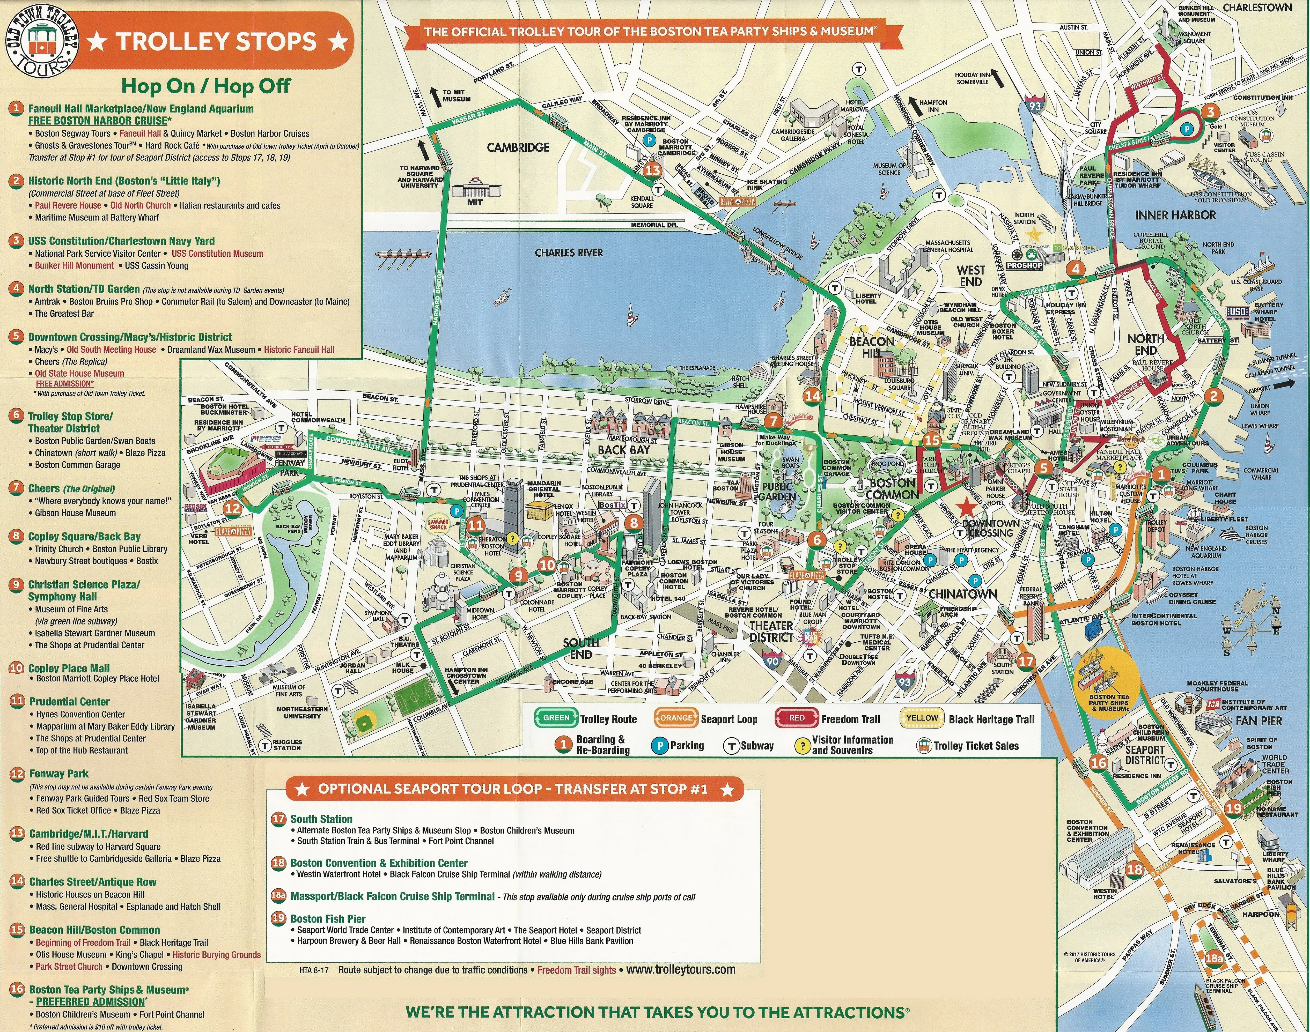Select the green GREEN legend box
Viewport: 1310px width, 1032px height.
pyautogui.click(x=556, y=718)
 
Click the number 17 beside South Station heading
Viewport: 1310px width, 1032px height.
pyautogui.click(x=278, y=819)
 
